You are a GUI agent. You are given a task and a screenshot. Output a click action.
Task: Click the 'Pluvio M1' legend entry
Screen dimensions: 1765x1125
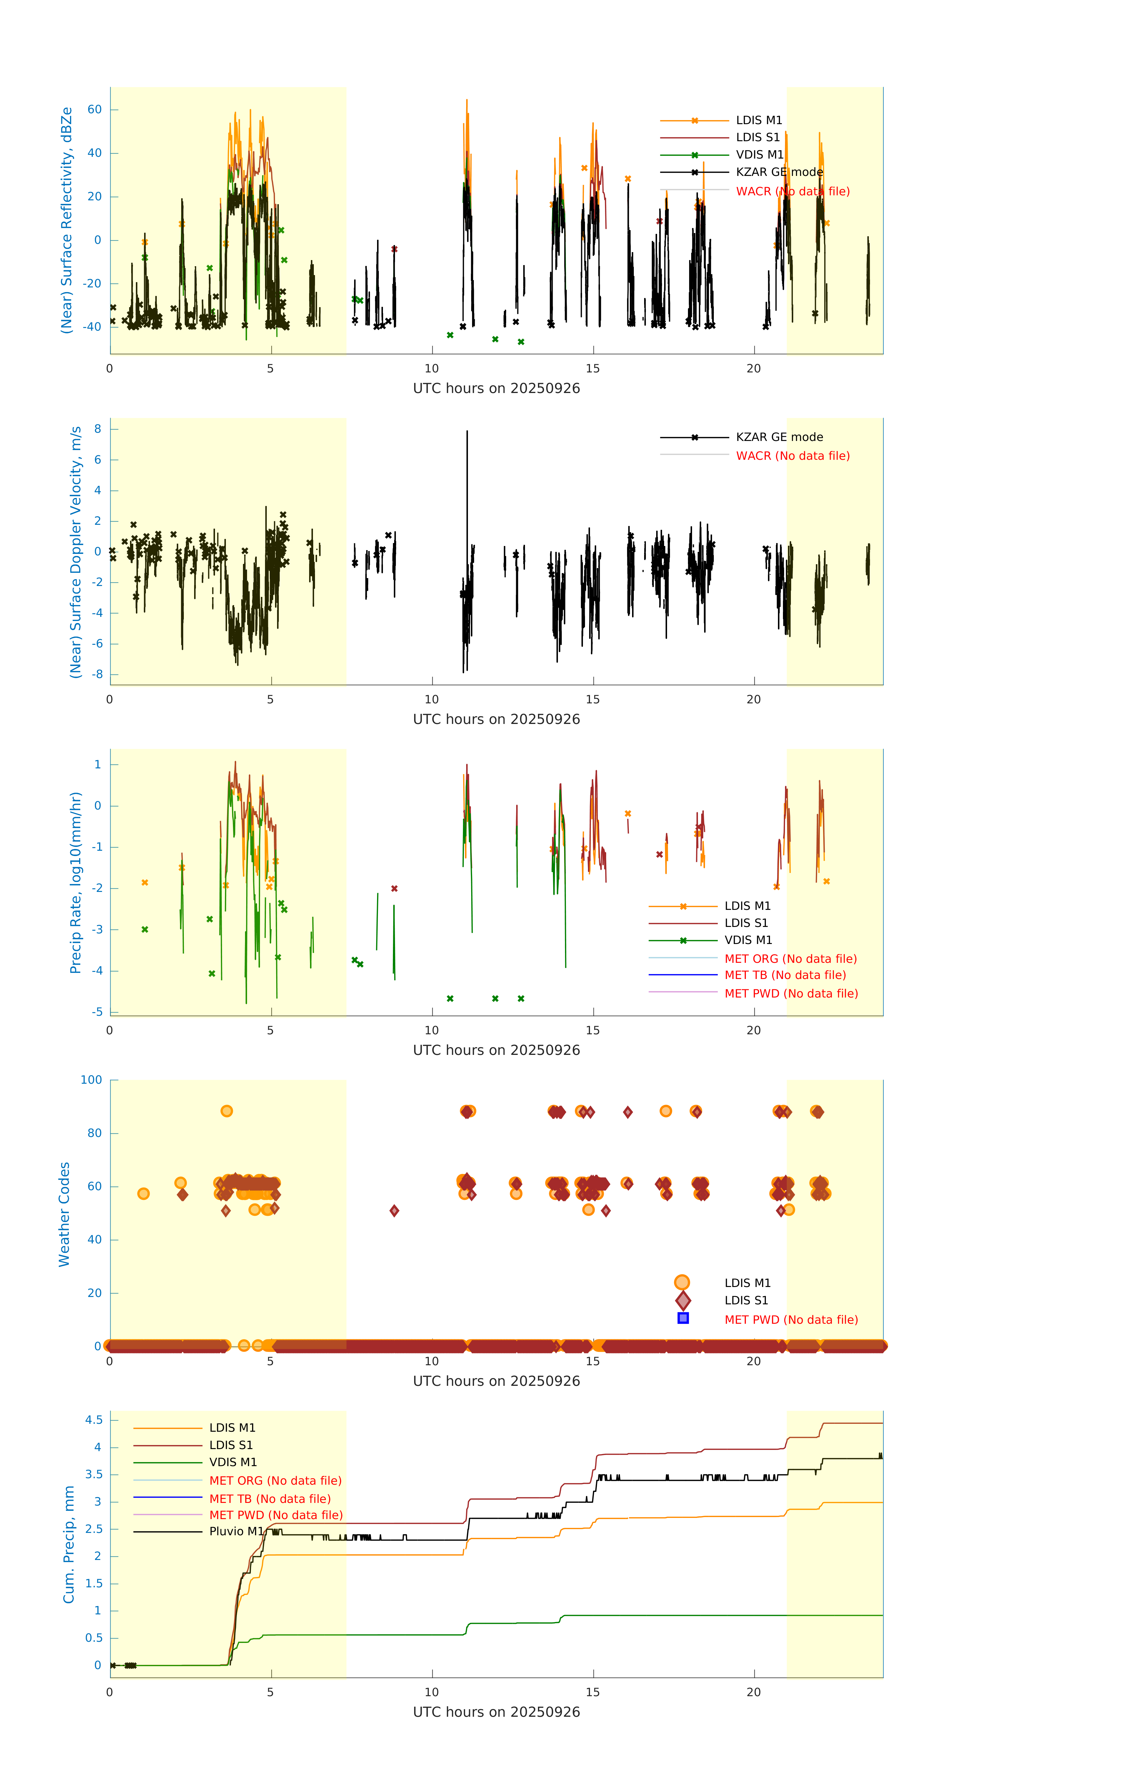tap(236, 1531)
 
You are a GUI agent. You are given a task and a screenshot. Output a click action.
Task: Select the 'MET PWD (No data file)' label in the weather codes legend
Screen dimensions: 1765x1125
tap(791, 1319)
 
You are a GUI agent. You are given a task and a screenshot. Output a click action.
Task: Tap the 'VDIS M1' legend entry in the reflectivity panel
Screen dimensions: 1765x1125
tap(759, 155)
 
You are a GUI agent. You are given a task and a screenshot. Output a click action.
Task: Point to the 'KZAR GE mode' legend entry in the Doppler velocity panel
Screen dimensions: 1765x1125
tap(779, 437)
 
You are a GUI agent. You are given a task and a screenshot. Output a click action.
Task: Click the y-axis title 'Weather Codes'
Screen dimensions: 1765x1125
tap(64, 1214)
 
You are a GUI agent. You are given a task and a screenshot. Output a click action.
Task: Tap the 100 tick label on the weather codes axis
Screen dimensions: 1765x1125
tap(91, 1080)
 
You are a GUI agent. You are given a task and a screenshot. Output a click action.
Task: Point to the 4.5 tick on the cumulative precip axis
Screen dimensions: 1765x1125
tap(94, 1420)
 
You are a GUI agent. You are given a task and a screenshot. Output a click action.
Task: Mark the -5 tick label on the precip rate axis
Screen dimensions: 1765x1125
tap(97, 1012)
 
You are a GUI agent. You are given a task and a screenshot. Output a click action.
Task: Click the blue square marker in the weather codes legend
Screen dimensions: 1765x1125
tap(682, 1318)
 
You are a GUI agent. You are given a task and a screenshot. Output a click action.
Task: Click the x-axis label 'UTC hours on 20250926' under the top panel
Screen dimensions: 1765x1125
tap(496, 389)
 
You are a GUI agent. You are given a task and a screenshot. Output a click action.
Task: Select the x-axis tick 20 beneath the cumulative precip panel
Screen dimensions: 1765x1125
tap(754, 1692)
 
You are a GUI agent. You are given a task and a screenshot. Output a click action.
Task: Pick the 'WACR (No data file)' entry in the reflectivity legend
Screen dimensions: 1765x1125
tap(792, 191)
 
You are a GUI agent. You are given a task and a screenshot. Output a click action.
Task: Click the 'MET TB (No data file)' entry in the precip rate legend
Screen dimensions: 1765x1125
tap(785, 975)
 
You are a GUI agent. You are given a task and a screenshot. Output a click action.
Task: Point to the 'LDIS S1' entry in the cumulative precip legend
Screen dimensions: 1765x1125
tap(231, 1445)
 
